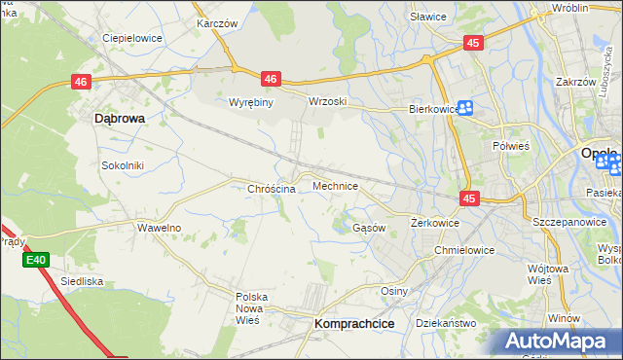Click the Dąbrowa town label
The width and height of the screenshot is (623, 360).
point(119,118)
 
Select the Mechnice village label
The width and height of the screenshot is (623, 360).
point(335,185)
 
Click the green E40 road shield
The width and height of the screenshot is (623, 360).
point(36,260)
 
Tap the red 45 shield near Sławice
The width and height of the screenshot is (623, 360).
point(473,43)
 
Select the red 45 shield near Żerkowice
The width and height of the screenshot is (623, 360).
point(470,198)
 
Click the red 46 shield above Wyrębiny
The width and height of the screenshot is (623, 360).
point(271,79)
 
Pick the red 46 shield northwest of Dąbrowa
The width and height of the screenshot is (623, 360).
point(81,84)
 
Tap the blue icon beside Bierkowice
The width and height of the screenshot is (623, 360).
point(465,109)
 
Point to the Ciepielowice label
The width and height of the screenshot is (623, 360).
point(131,39)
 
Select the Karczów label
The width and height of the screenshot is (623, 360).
point(218,22)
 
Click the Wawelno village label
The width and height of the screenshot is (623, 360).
point(159,227)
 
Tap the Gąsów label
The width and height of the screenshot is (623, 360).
point(369,227)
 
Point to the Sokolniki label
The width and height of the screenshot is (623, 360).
point(123,165)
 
